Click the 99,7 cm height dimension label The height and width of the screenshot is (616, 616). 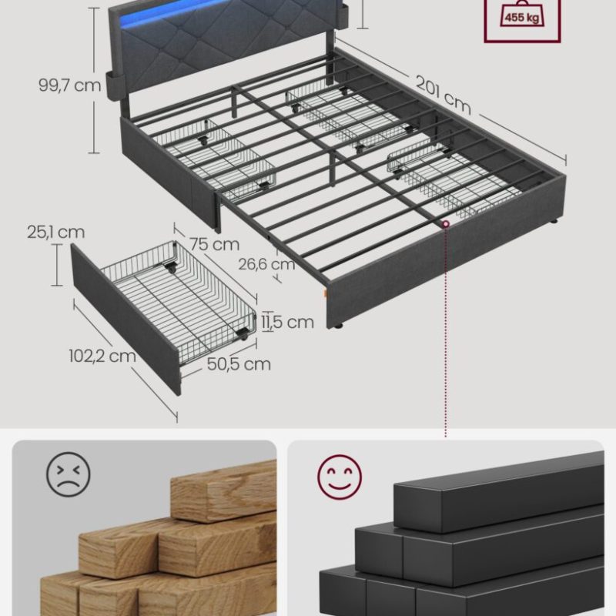coord(69,85)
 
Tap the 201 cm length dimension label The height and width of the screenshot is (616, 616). coord(444,95)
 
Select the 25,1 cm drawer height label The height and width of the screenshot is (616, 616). coord(55,232)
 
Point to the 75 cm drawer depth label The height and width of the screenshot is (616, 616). coord(215,244)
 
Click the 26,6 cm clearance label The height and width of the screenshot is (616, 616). coord(266,263)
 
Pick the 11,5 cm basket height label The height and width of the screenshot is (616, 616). coord(288,322)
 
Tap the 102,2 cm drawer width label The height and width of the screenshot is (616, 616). coord(102,356)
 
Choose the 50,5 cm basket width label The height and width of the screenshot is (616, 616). coord(239,363)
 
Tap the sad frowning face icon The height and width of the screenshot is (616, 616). coord(69,474)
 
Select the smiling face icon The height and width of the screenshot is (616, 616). coord(340,477)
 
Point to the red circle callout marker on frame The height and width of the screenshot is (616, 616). coord(446,224)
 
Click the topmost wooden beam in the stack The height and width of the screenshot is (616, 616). coord(224,492)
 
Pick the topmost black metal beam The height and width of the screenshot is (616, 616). coord(499,491)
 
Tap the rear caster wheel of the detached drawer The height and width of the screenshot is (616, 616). coord(171,269)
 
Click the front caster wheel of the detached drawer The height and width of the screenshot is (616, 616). coord(243,334)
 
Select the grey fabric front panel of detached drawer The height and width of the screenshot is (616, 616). coord(126,319)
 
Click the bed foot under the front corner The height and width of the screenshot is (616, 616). coord(337,325)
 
